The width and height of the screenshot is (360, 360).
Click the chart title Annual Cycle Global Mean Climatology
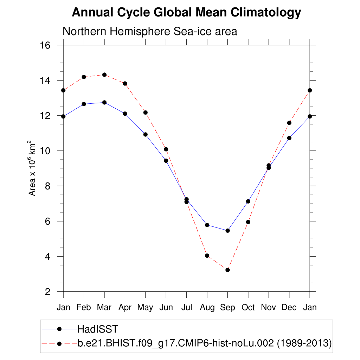pyautogui.click(x=186, y=13)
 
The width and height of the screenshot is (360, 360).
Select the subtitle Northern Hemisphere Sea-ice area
pyautogui.click(x=150, y=31)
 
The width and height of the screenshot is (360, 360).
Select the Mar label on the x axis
pyautogui.click(x=104, y=308)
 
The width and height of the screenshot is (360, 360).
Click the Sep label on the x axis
pyautogui.click(x=227, y=308)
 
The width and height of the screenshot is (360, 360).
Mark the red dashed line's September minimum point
pyautogui.click(x=227, y=270)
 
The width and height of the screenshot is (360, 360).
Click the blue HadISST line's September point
pyautogui.click(x=227, y=231)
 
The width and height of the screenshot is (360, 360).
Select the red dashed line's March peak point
pyautogui.click(x=104, y=75)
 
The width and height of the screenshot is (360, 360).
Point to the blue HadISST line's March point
pyautogui.click(x=104, y=102)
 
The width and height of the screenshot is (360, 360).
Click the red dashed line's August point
pyautogui.click(x=207, y=256)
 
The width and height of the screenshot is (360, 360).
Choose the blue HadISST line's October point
pyautogui.click(x=248, y=201)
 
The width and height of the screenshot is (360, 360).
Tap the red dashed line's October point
pyautogui.click(x=248, y=222)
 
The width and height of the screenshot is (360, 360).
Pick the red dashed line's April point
pyautogui.click(x=125, y=83)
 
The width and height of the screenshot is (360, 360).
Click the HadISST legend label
pyautogui.click(x=98, y=329)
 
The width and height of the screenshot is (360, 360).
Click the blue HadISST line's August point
pyautogui.click(x=207, y=225)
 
